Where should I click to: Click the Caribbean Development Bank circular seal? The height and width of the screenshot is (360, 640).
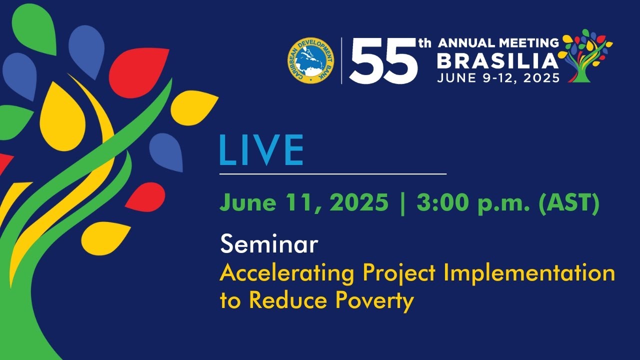(311, 60)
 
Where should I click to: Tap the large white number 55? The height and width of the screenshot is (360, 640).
(383, 61)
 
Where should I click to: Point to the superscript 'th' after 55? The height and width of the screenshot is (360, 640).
(425, 43)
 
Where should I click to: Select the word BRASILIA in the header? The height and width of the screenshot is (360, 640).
(497, 61)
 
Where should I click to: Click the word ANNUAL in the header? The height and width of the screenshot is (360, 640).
(466, 43)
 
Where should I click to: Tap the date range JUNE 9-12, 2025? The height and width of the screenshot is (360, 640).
(498, 77)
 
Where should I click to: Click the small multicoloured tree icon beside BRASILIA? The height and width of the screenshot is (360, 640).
(585, 55)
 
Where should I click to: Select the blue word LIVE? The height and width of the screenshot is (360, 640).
(261, 150)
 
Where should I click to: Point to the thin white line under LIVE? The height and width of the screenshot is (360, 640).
(333, 173)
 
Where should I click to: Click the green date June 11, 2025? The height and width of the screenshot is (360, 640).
(304, 203)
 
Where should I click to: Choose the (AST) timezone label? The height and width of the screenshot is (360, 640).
(568, 203)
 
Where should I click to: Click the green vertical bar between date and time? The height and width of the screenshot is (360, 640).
(403, 203)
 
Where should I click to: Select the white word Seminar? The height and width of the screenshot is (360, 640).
(269, 244)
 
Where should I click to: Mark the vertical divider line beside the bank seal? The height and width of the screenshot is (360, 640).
(341, 60)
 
